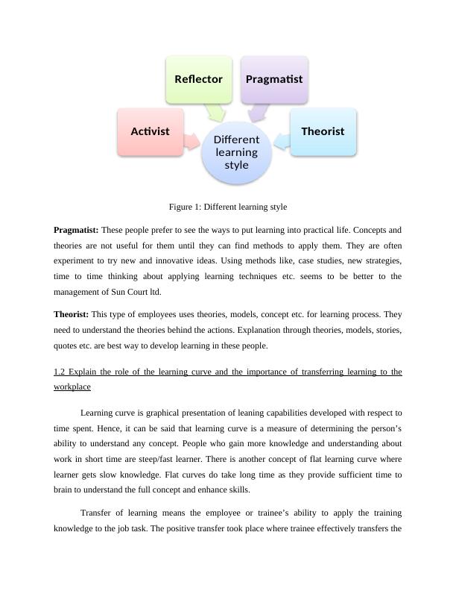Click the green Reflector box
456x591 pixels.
point(198,78)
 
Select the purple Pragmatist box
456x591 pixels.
point(273,78)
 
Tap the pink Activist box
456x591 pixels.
point(151,131)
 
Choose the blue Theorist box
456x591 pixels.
point(323,131)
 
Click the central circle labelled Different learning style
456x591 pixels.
point(236,151)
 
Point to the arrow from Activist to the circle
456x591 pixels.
point(192,139)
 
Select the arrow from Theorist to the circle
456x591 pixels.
point(281,140)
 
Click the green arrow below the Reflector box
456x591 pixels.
point(218,112)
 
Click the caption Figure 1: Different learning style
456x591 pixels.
point(228,207)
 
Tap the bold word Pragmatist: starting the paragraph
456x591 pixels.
point(76,230)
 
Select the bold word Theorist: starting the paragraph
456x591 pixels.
point(71,314)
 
